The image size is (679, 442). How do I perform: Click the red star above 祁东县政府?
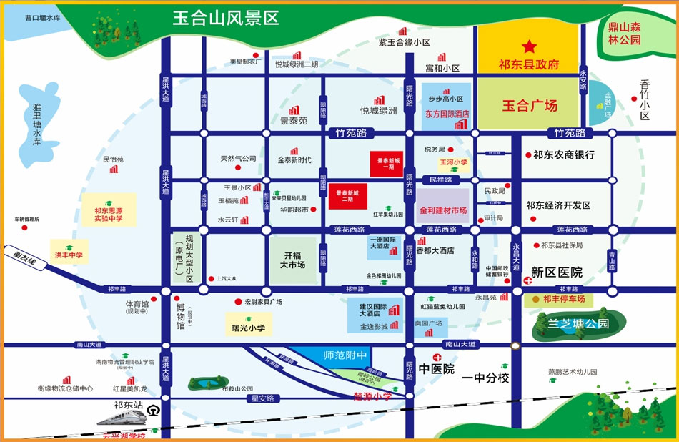click(x=529, y=47)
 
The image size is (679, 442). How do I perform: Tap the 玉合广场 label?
click(x=529, y=106)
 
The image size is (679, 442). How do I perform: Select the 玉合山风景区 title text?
click(x=225, y=18)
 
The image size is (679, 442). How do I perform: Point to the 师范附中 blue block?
click(x=345, y=354)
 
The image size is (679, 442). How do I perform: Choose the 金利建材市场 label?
click(x=443, y=211)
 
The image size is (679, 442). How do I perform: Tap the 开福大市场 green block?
click(x=294, y=260)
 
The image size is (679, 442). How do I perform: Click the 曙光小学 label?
click(x=248, y=328)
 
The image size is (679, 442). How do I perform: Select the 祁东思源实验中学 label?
click(x=109, y=215)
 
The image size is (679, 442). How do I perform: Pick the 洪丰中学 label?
click(x=69, y=255)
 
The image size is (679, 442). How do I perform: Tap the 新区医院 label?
click(x=557, y=272)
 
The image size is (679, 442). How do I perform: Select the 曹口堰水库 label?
click(x=41, y=18)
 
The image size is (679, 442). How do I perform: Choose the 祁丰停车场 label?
click(x=563, y=299)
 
